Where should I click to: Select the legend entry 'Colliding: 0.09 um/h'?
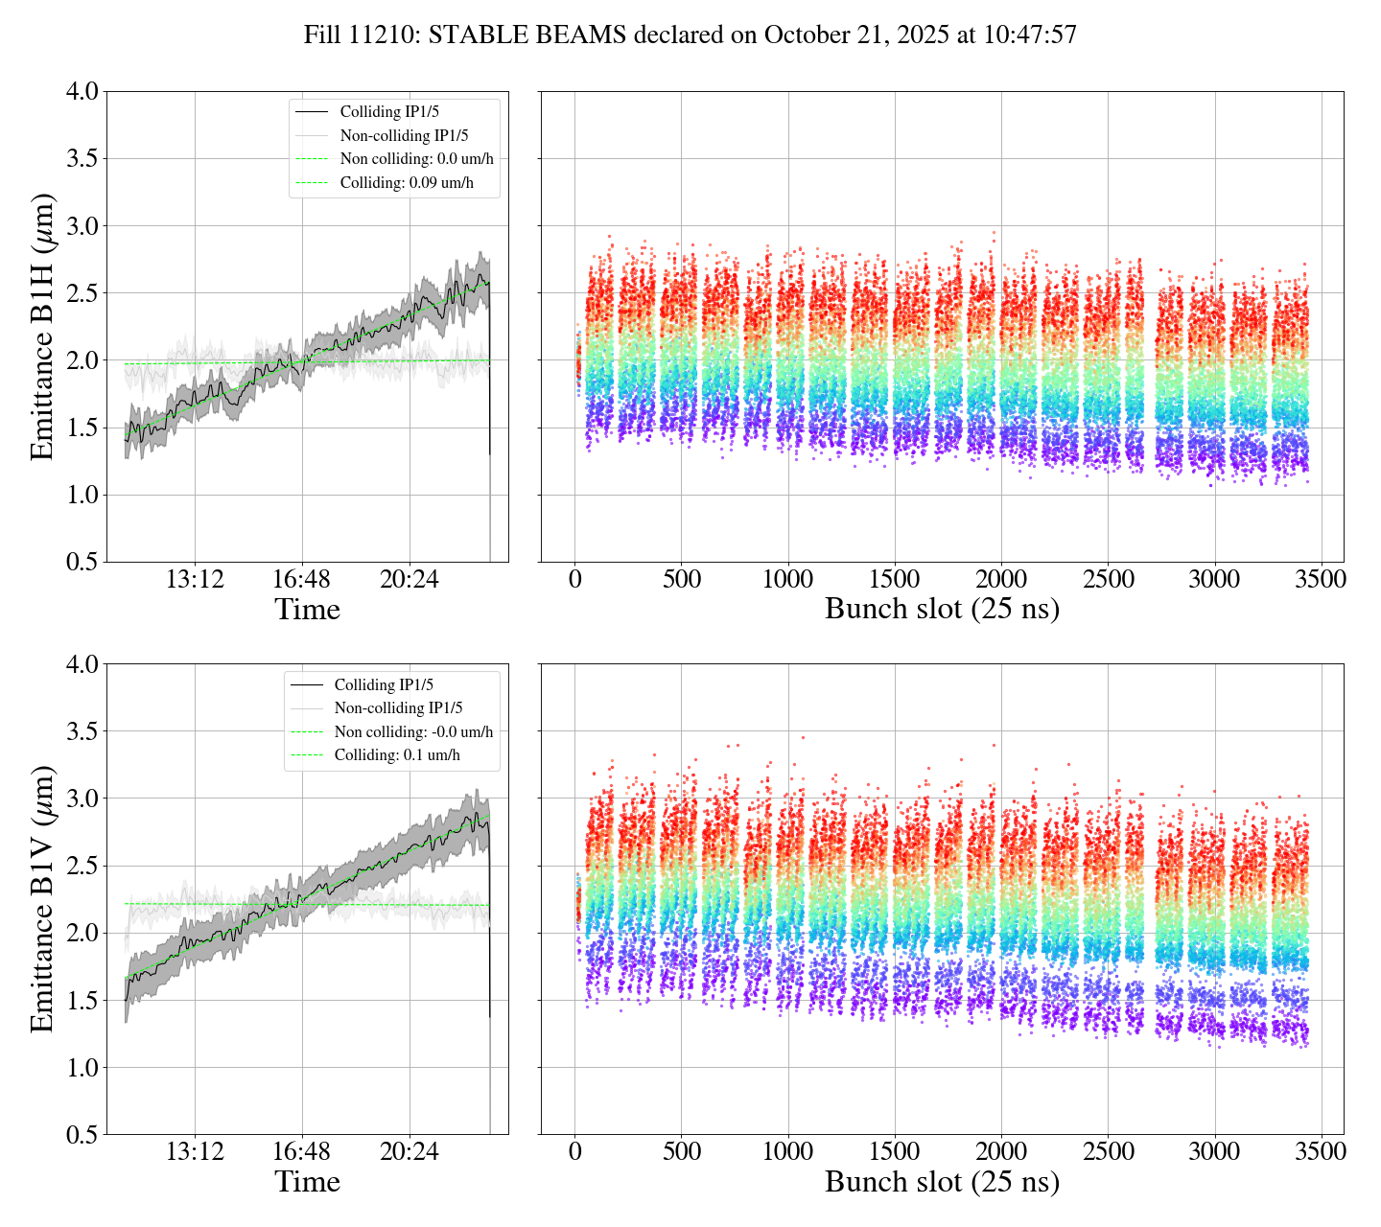pos(407,182)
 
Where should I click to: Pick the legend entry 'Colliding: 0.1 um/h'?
pos(397,755)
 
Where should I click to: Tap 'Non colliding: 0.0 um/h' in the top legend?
pos(416,159)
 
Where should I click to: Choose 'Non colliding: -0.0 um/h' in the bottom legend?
pos(413,732)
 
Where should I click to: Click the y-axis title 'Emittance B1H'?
pos(42,326)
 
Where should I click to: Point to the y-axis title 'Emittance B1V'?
pos(42,898)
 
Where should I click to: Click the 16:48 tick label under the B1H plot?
pos(302,580)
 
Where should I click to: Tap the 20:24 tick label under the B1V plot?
pos(410,1151)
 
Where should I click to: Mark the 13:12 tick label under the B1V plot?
pos(195,1151)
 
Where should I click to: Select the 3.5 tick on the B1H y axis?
pos(82,158)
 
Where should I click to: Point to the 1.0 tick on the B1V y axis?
pos(82,1068)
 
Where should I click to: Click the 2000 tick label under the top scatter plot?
pos(1001,580)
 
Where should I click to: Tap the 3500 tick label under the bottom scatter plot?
pos(1322,1151)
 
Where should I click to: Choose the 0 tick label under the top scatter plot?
pos(574,580)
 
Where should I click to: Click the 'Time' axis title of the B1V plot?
pos(307,1182)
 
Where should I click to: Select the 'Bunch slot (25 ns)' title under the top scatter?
pos(942,610)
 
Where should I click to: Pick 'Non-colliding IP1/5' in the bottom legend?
pos(398,708)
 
